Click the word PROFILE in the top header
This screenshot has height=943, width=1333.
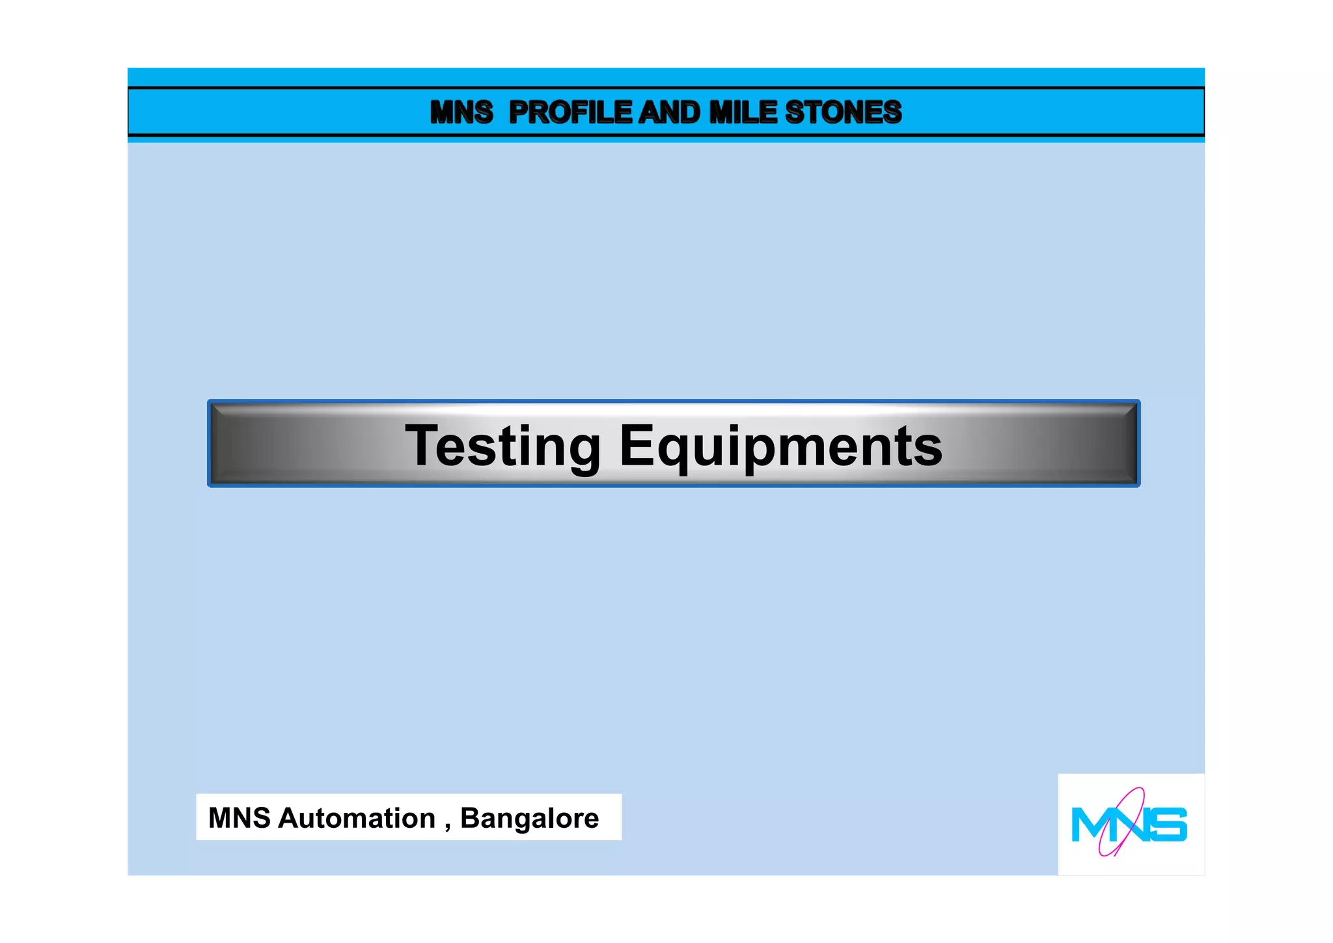[570, 113]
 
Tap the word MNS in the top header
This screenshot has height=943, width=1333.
[461, 113]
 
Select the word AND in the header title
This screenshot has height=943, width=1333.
[669, 113]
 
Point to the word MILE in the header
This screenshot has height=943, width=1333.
[744, 113]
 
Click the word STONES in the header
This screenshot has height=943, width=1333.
[844, 113]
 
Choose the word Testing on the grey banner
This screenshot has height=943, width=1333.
[502, 447]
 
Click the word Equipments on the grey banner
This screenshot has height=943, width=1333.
[780, 447]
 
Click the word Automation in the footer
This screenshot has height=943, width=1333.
[357, 818]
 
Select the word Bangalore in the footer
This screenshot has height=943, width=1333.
[529, 818]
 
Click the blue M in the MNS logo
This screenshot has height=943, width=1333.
[1088, 825]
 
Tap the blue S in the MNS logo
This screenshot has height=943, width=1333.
[1170, 825]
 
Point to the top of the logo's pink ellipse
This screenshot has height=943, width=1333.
[1138, 790]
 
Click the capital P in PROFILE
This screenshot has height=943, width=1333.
[519, 113]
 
